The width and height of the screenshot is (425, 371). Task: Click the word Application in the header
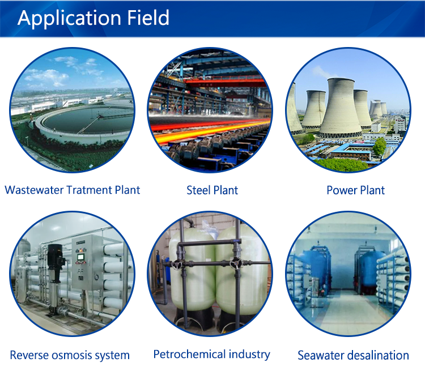(x=69, y=19)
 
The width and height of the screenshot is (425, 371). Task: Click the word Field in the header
(x=148, y=18)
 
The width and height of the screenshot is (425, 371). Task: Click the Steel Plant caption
(x=212, y=190)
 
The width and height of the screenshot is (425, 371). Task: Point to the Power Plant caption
(x=356, y=190)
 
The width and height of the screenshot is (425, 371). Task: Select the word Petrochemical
(x=189, y=354)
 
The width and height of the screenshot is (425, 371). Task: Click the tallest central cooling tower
(x=341, y=108)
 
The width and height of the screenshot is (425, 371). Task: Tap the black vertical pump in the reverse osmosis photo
(x=55, y=279)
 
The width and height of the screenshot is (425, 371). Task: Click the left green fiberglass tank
(x=192, y=271)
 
